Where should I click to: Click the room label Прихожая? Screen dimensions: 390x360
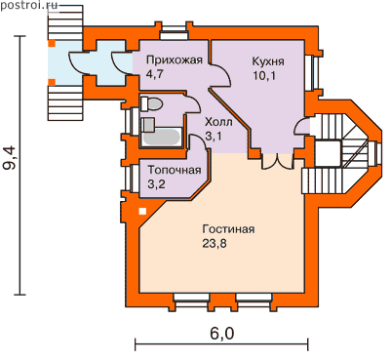click(x=175, y=60)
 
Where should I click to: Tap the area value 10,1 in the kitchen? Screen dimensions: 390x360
click(x=264, y=75)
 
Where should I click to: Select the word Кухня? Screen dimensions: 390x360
click(x=268, y=61)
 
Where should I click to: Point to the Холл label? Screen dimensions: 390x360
click(x=218, y=122)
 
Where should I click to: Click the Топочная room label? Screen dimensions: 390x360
click(x=175, y=170)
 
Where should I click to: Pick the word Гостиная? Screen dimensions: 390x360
click(x=228, y=229)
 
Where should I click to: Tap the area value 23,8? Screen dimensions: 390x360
click(x=214, y=243)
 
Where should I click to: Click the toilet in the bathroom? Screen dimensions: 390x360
click(x=151, y=104)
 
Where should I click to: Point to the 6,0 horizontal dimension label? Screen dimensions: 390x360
click(x=222, y=334)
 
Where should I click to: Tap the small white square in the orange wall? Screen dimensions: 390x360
click(x=142, y=212)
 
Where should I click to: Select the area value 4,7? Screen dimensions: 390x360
click(x=155, y=74)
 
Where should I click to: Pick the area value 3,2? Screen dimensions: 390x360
click(x=156, y=184)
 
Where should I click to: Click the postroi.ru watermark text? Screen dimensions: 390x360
click(x=28, y=5)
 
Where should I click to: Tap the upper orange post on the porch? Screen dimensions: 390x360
click(x=52, y=43)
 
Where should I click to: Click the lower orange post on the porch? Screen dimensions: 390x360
click(x=52, y=82)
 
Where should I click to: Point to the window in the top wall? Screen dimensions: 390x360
click(x=175, y=32)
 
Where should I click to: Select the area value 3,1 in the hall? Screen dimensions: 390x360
click(x=214, y=137)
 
